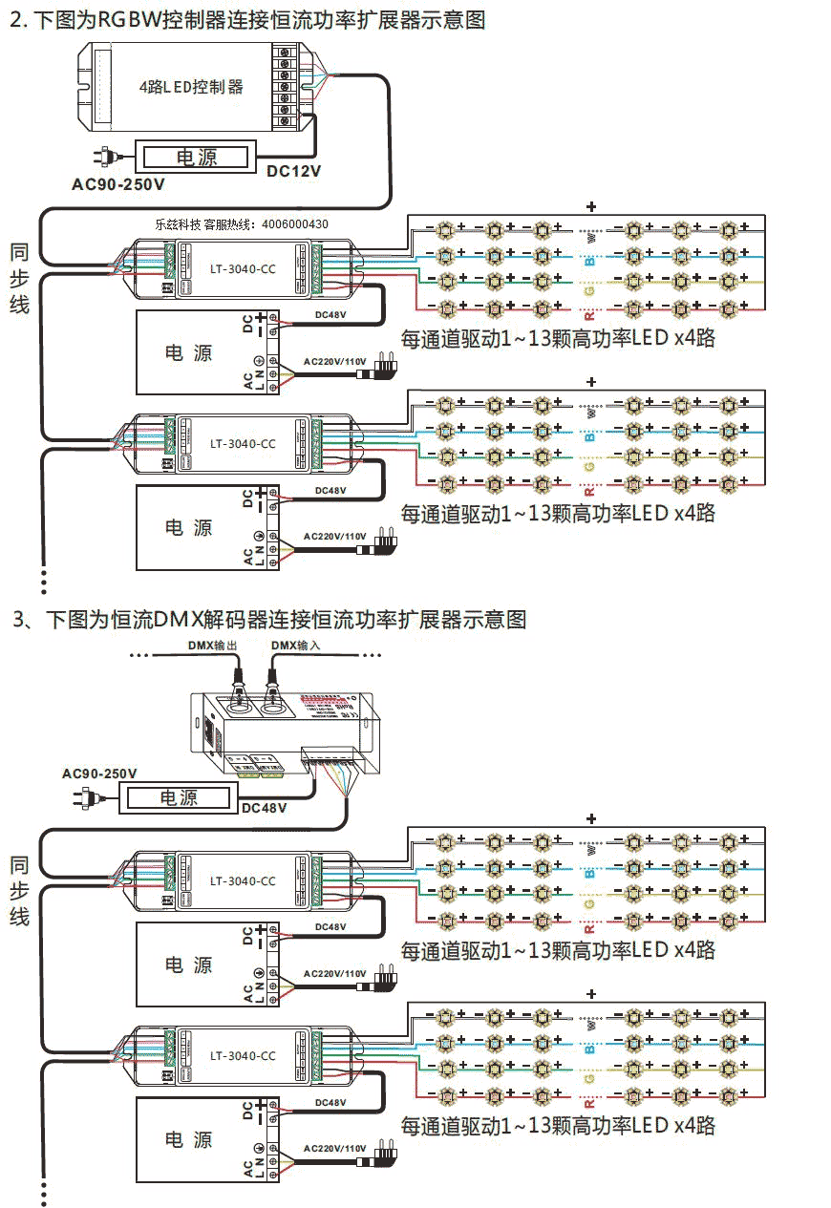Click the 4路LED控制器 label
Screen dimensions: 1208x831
(191, 87)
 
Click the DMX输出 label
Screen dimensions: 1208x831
(209, 646)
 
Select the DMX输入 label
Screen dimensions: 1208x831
(296, 646)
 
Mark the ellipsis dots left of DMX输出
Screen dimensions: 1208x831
(140, 656)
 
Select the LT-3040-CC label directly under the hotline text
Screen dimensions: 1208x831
(243, 269)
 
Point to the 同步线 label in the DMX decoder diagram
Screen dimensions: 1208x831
(20, 891)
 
